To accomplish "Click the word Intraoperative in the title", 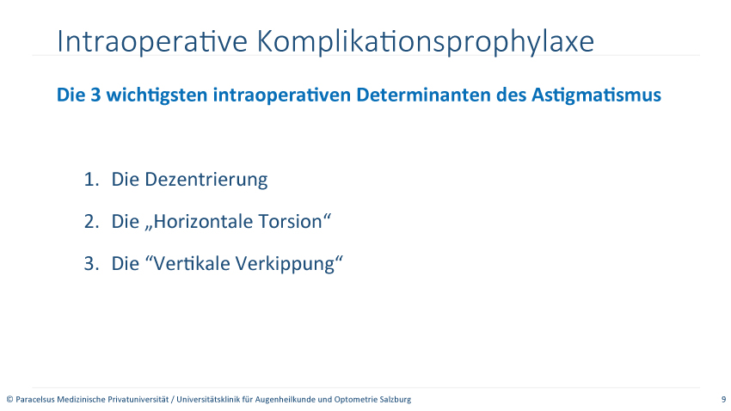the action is click(x=152, y=41).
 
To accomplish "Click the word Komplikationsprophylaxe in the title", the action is click(x=426, y=42).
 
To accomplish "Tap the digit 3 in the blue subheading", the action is click(x=95, y=95).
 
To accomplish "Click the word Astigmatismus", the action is click(x=596, y=95).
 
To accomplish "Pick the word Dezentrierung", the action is click(x=206, y=180).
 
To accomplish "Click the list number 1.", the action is click(x=91, y=180).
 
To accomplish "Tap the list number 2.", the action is click(x=91, y=222).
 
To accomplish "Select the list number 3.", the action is click(x=91, y=264).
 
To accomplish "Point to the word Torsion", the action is click(x=294, y=221).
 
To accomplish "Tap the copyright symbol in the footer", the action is click(x=9, y=399).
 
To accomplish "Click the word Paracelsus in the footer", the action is click(x=35, y=399).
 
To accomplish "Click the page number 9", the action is click(x=723, y=399).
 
